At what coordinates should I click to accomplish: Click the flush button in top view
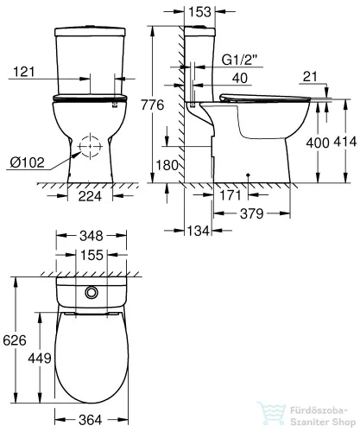[x=91, y=292]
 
